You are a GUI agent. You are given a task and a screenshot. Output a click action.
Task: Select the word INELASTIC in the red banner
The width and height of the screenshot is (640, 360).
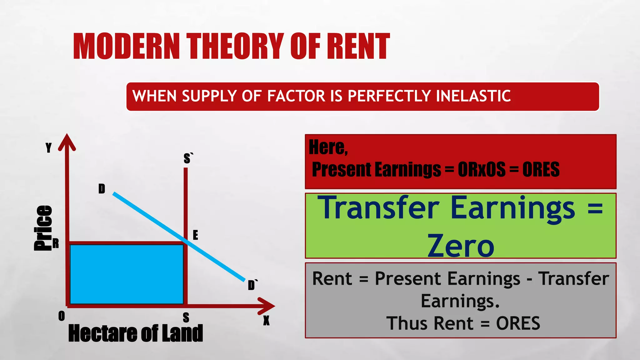[473, 96]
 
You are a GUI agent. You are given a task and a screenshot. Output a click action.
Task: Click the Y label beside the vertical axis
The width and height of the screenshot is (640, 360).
[48, 147]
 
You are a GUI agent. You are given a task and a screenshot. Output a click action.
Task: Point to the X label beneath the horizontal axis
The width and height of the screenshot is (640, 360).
[266, 321]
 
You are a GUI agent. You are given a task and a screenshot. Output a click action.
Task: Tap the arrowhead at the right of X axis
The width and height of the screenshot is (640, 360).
[267, 306]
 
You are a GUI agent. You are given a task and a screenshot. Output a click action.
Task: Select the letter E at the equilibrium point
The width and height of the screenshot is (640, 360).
[195, 235]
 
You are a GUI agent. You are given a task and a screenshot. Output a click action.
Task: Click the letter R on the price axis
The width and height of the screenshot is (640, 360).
[56, 243]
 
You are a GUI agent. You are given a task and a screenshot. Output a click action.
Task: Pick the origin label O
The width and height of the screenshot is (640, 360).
[62, 316]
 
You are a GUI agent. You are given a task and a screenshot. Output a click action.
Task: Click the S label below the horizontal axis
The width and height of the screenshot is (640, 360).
[186, 318]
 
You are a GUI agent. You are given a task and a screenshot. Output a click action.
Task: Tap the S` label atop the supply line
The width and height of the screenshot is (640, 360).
[188, 158]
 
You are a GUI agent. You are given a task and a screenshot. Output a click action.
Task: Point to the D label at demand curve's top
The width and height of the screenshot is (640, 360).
[102, 189]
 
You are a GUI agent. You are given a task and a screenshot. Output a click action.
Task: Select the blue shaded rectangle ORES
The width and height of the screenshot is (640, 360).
[127, 274]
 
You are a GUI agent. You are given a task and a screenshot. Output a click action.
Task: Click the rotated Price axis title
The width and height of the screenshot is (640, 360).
[43, 228]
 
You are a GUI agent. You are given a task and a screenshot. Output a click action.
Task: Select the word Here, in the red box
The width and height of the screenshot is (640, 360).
[328, 147]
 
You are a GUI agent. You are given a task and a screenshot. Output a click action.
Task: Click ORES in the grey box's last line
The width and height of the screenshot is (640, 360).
[518, 323]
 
